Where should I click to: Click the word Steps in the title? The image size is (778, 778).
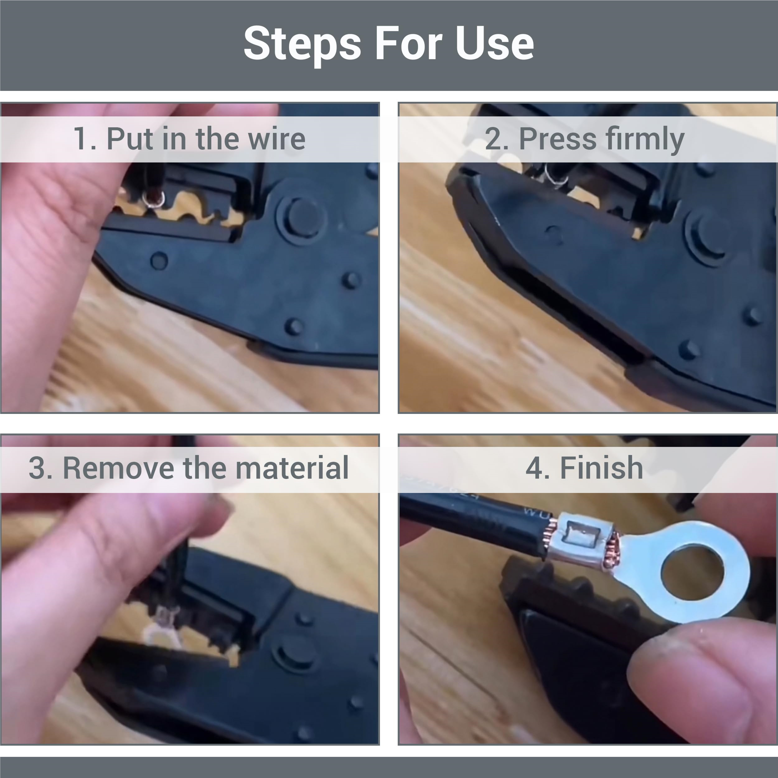(302, 44)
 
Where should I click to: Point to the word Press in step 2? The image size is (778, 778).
(557, 139)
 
